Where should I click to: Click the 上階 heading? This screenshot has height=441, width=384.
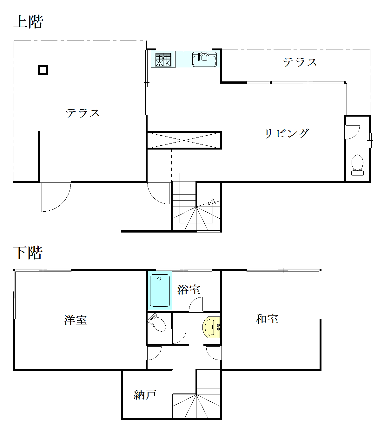coord(28,22)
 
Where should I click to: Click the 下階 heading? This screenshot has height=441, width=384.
coord(28,253)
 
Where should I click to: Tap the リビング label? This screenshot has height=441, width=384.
coord(287,133)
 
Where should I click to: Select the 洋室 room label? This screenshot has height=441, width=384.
coord(76,320)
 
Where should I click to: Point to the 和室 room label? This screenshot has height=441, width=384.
coord(267,319)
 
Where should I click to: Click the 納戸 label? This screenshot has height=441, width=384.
coord(145,395)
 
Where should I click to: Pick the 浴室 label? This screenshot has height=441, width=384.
coord(189,290)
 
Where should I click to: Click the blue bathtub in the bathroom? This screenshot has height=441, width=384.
coord(160,291)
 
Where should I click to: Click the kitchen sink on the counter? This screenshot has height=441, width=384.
coord(204,59)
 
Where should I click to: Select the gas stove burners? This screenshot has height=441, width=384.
coord(163,60)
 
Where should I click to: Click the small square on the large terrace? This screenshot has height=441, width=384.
coord(43,70)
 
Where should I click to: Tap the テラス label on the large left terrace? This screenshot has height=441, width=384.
coord(83,113)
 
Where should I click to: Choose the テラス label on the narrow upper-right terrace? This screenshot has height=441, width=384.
coord(300,62)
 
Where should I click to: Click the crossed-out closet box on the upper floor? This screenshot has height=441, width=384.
coord(184,140)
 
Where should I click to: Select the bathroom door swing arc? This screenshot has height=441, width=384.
coord(195,304)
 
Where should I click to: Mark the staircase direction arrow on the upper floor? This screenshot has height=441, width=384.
coord(213,202)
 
